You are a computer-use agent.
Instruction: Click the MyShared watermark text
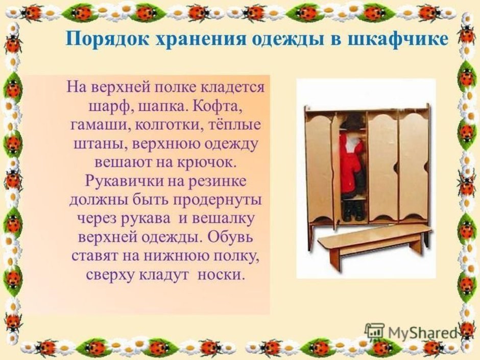[x=422, y=332]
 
